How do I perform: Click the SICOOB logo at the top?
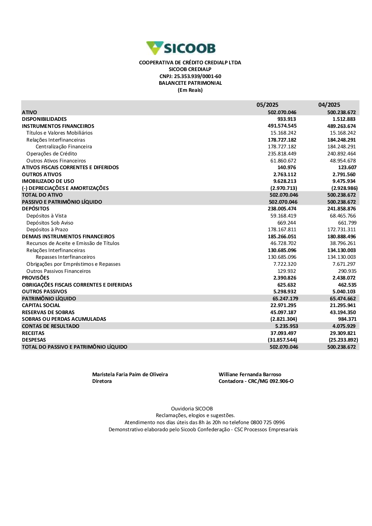click(x=181, y=48)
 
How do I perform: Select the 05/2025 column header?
click(x=267, y=105)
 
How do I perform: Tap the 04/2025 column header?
click(x=329, y=105)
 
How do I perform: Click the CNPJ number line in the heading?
click(x=190, y=76)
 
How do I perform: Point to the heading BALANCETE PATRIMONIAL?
click(x=190, y=83)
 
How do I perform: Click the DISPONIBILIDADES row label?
click(x=44, y=119)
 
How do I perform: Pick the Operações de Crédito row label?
click(x=52, y=154)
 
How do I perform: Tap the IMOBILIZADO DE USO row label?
click(x=48, y=181)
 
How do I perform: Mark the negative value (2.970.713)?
click(x=283, y=188)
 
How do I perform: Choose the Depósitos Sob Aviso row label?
click(x=50, y=223)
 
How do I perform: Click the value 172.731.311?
click(x=341, y=230)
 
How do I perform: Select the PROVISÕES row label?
click(x=35, y=278)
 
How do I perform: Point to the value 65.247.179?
click(x=285, y=299)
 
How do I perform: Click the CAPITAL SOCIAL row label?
click(x=41, y=306)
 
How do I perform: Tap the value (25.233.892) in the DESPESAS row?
click(x=343, y=340)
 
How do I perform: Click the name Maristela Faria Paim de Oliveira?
click(x=130, y=375)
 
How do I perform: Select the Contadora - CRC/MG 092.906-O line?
click(x=256, y=381)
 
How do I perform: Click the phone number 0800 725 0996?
click(x=267, y=423)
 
